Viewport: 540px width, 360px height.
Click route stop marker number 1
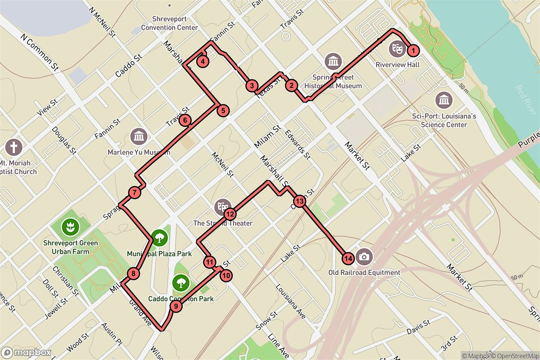pos(413,50)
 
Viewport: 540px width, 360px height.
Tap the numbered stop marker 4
pos(203,62)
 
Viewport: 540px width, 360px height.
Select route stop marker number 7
pos(134,193)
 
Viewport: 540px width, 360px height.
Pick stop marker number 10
pos(226,275)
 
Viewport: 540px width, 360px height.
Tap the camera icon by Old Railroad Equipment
pos(364,257)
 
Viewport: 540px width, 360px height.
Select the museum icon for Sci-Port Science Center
pos(444,100)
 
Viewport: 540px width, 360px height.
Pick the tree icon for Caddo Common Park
pos(180,283)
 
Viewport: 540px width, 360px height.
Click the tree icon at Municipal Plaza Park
pos(158,237)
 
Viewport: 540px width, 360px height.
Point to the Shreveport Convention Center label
pos(169,23)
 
